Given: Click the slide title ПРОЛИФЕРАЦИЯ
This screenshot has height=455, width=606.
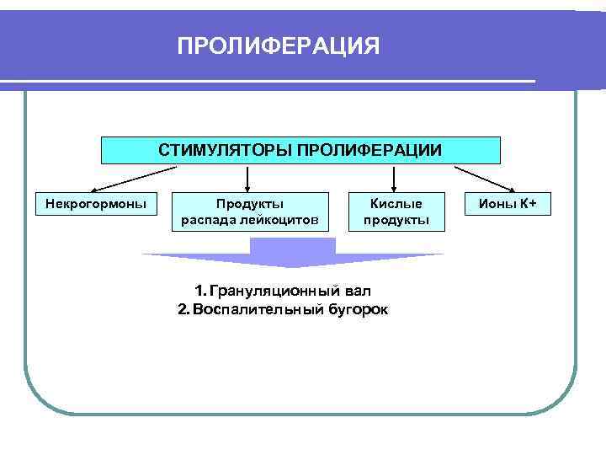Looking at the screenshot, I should [279, 45].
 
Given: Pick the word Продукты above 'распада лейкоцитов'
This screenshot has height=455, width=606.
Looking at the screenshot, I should [250, 203].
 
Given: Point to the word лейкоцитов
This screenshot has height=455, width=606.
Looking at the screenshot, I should [281, 220].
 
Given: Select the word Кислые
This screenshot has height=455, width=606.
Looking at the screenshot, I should [396, 203].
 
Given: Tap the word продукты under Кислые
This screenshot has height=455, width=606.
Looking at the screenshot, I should [396, 220].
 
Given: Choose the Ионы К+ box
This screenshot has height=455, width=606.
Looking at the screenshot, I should [507, 203].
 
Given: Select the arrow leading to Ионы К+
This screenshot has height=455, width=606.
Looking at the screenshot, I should [484, 179].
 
